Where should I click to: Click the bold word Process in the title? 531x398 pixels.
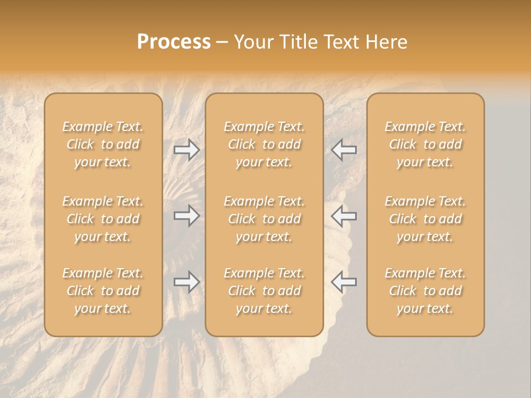174,42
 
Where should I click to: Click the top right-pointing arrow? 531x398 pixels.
186,149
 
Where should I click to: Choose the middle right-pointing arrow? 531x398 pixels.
186,216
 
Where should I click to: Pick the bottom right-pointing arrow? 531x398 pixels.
186,282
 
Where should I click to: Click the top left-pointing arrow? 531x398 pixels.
343,149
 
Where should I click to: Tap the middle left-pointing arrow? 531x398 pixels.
343,216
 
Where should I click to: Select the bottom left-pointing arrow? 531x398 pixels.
343,282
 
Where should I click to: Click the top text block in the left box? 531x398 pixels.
103,144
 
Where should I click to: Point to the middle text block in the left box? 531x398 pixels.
103,219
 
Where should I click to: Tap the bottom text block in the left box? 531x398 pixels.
103,291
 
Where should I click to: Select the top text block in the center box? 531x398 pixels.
264,144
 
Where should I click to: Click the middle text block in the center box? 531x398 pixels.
264,219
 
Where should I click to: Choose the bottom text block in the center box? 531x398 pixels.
264,291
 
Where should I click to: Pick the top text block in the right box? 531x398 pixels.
425,144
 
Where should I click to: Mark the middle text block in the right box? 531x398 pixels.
425,219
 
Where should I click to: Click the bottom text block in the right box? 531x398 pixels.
425,291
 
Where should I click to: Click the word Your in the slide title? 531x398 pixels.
252,42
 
